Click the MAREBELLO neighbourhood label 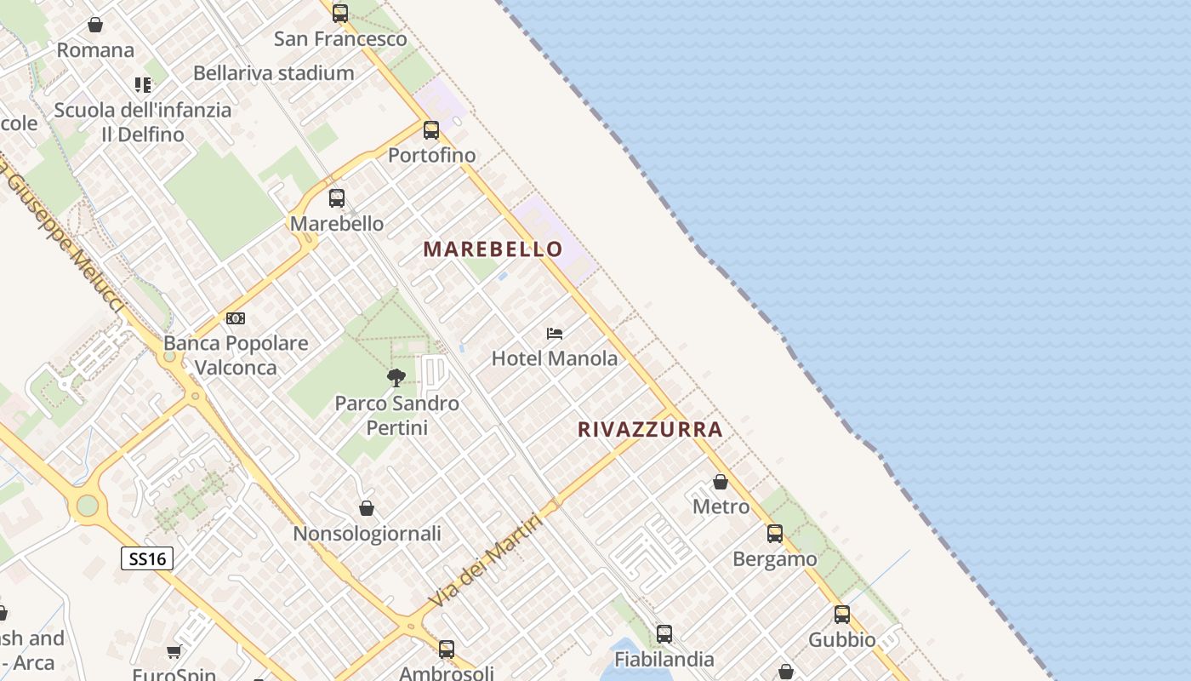click(x=493, y=249)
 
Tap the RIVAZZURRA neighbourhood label click(x=650, y=429)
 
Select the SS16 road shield click(x=147, y=558)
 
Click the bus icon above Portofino click(x=431, y=130)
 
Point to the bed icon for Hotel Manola click(x=555, y=333)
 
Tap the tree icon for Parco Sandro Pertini click(x=396, y=377)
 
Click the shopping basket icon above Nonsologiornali click(x=367, y=508)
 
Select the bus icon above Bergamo click(x=775, y=534)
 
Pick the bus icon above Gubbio click(x=842, y=615)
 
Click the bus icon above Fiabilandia click(x=664, y=634)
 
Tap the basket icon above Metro click(x=721, y=482)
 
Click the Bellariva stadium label click(x=273, y=73)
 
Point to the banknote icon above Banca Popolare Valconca click(x=236, y=318)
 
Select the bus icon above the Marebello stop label click(x=337, y=198)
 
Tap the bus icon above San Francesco click(x=340, y=14)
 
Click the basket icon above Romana click(x=95, y=26)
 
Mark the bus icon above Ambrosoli click(x=447, y=650)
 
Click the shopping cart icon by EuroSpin click(x=174, y=652)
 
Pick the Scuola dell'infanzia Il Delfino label click(x=143, y=122)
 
